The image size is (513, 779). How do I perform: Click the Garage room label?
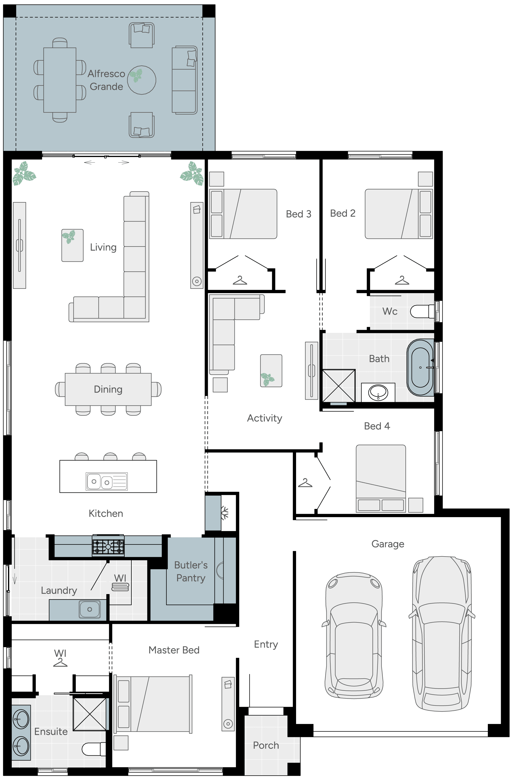pos(388,544)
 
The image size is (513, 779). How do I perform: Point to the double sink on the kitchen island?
pos(107,481)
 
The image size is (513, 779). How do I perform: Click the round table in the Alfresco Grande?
pos(141,80)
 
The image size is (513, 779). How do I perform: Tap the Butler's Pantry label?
pos(191,571)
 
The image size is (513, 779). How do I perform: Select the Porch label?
pos(266,745)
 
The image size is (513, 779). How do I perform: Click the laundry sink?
pos(90,609)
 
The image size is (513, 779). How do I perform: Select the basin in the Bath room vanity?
pos(378,393)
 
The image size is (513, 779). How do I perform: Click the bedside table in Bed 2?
pos(425,179)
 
